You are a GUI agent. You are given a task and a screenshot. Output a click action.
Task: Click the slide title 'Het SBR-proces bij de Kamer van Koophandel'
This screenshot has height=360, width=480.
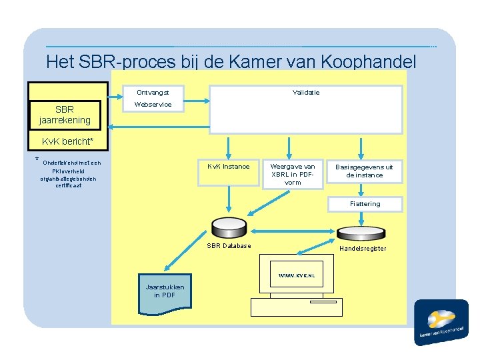[231, 62]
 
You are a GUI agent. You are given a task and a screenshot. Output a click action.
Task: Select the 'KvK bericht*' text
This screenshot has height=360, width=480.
[67, 141]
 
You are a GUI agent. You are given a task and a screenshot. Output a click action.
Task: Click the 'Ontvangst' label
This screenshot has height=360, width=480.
[153, 92]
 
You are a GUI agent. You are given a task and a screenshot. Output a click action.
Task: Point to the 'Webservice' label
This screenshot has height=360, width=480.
[153, 105]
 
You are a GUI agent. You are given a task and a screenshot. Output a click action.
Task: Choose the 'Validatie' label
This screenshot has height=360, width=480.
[306, 92]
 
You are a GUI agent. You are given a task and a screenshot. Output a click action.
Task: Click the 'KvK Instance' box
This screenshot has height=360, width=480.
[228, 166]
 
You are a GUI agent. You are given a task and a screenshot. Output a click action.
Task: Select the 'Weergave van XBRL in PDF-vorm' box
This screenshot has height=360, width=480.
[292, 174]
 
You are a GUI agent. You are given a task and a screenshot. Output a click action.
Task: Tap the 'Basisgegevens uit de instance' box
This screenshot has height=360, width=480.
[364, 171]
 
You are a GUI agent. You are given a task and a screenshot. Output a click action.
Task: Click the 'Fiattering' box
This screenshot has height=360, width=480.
[365, 204]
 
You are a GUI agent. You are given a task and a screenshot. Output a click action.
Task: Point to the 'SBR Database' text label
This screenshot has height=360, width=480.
[229, 245]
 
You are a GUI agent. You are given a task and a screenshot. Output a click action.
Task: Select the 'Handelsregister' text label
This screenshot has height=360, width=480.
[363, 249]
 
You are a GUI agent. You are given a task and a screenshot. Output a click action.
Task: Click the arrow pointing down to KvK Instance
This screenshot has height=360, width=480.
[228, 147]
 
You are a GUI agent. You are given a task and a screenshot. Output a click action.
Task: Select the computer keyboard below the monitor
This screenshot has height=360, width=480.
[295, 306]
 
